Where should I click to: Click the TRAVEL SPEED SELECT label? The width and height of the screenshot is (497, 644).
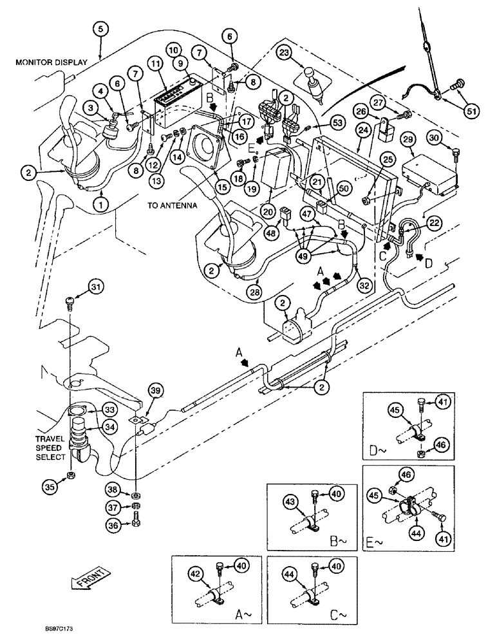point(50,448)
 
